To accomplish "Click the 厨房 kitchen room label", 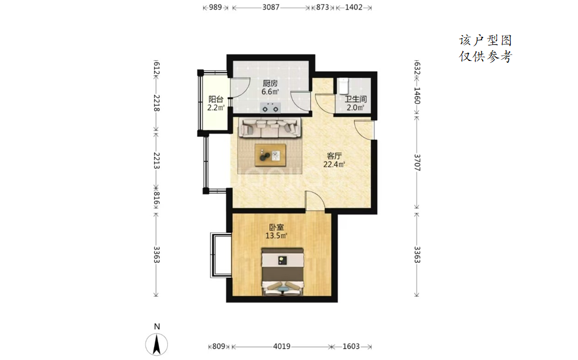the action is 270,83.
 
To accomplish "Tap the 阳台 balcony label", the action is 216,99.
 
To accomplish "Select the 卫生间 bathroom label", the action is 356,99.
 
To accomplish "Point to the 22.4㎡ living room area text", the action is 334,164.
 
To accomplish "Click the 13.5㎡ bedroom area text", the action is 277,235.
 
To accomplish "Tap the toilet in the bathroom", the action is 343,86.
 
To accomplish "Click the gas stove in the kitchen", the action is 270,108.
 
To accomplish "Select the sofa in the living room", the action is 270,127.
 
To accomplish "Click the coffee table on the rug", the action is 270,153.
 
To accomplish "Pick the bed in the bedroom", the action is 283,271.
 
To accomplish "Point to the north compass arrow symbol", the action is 156,344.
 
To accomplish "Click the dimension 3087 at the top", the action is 271,7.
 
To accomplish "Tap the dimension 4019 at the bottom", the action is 282,346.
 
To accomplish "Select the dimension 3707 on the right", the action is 417,163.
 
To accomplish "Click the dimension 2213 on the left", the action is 156,160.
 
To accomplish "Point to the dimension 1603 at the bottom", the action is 351,346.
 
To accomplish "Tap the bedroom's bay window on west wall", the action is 220,255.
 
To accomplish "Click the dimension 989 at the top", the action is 216,7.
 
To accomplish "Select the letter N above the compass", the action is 157,327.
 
